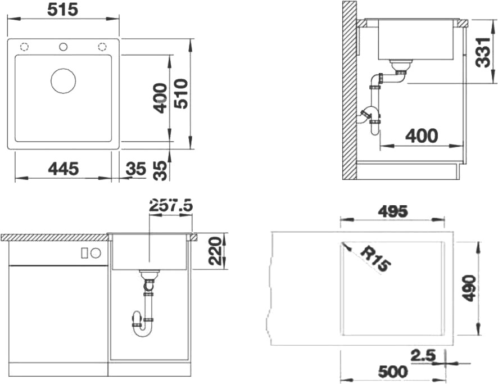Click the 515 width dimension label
point(63,10)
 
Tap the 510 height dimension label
point(182,94)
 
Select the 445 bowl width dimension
point(63,168)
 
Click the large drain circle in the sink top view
point(63,80)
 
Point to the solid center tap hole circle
point(63,47)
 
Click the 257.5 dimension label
point(171,206)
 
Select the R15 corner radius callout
point(375,259)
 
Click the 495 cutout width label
point(392,212)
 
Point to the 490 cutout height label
point(469,288)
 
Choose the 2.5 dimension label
point(423,355)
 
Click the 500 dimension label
point(392,372)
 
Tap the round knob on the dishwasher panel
point(96,253)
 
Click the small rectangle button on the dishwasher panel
point(84,253)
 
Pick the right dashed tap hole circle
point(102,47)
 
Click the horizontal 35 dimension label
point(136,169)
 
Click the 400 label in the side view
point(422,135)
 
